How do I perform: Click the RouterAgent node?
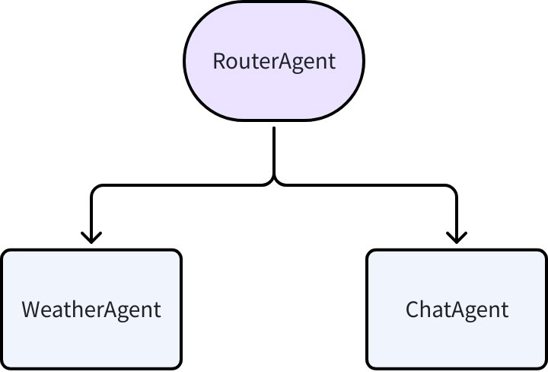tap(273, 61)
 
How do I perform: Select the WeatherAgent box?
tap(91, 309)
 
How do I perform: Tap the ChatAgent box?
tap(456, 309)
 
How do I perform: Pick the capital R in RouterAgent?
tap(218, 62)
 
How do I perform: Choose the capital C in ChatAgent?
tap(413, 310)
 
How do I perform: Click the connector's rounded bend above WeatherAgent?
tap(94, 188)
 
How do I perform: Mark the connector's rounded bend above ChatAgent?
tap(453, 188)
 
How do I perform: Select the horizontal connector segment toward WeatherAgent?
tap(183, 184)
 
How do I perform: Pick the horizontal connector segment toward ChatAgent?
tap(365, 184)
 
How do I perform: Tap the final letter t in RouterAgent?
tap(331, 62)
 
